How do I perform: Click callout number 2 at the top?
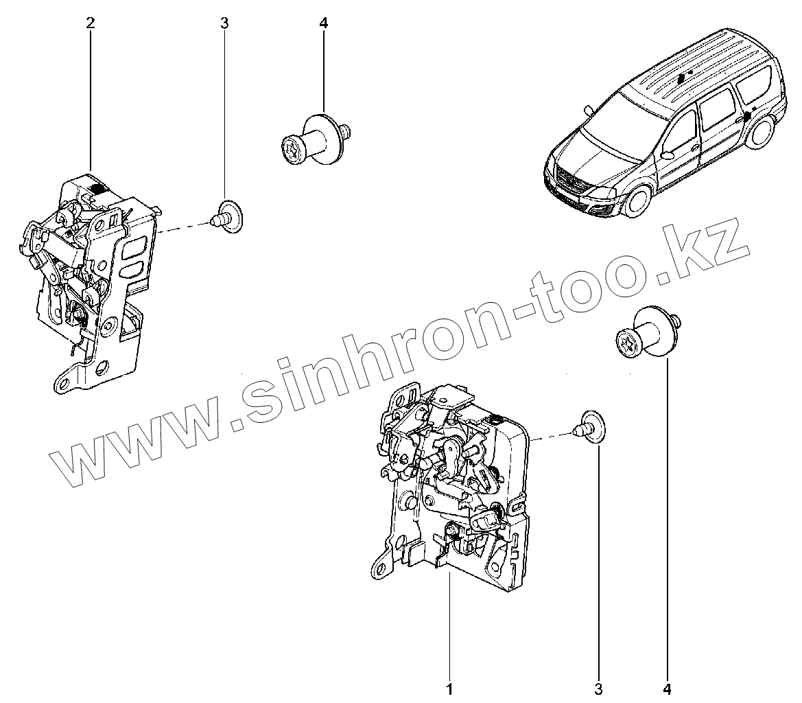[x=91, y=23]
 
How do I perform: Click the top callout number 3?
[x=224, y=23]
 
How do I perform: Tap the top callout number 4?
[x=324, y=23]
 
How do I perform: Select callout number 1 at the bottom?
[x=449, y=687]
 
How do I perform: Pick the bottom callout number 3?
[x=598, y=687]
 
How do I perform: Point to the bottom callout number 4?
[x=666, y=687]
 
